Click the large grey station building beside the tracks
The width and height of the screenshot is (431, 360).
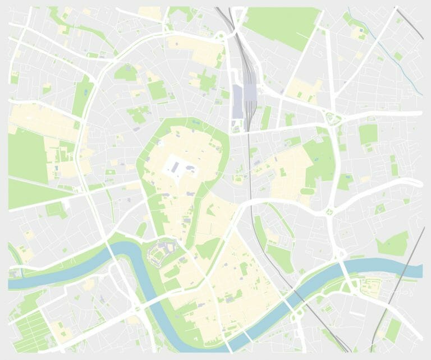pos(238,101)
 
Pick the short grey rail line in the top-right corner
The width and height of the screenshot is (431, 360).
pos(409,22)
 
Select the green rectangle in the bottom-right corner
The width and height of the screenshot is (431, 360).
pos(393,331)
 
